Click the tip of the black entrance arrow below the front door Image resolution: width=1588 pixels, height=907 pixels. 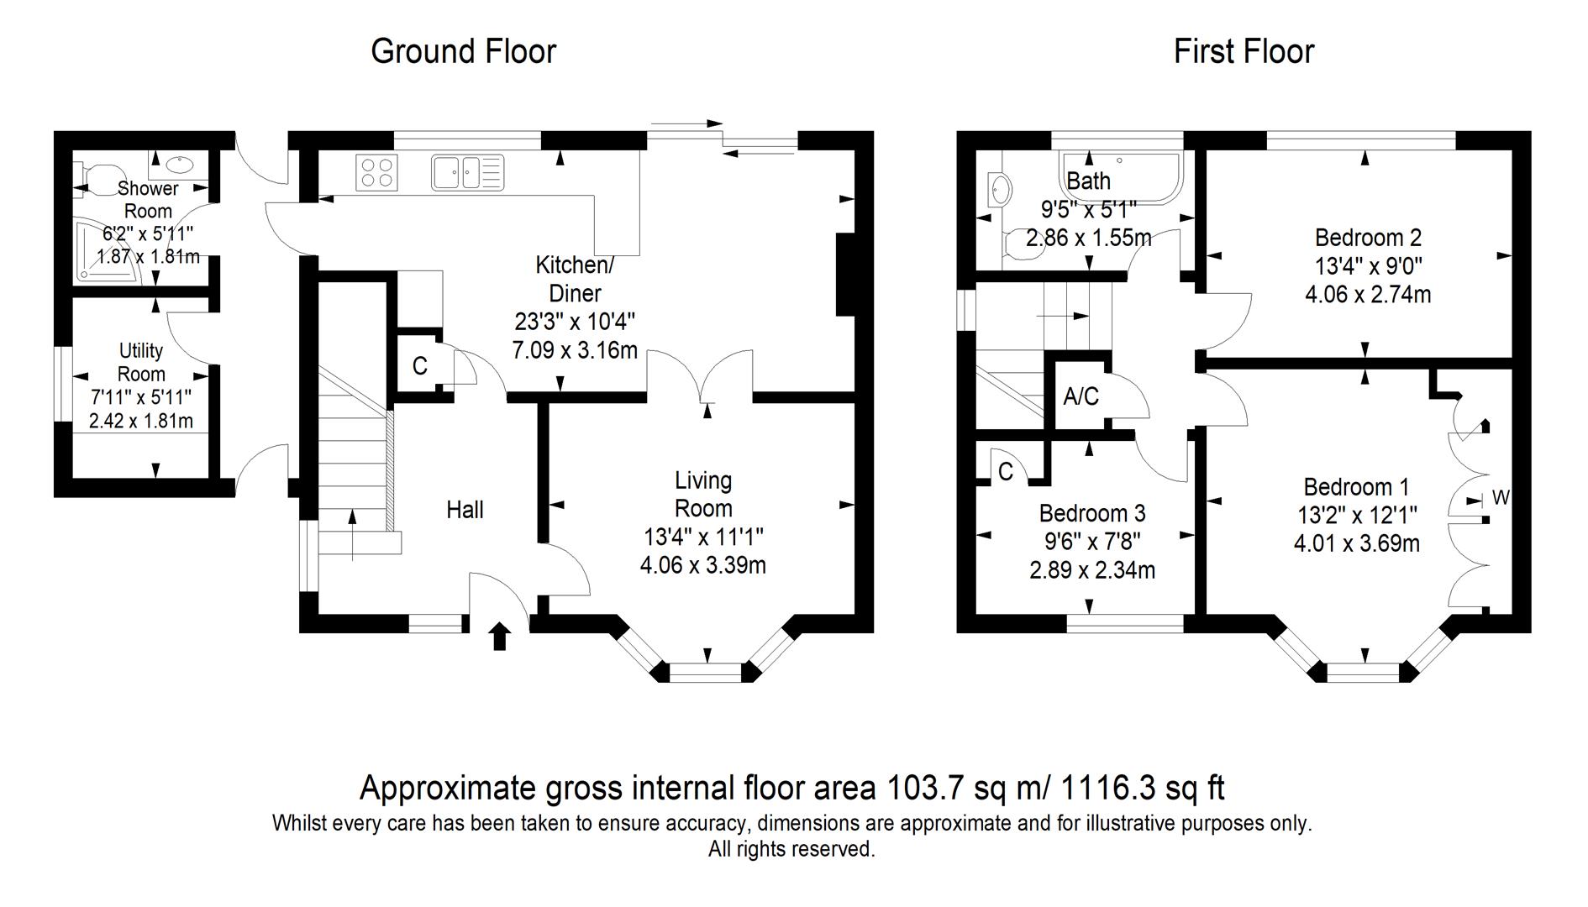tap(500, 622)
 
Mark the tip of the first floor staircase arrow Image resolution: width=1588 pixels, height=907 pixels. tap(1090, 317)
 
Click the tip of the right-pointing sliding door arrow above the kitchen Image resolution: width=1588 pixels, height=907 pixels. tap(723, 123)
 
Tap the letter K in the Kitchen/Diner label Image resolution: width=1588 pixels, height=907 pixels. tap(543, 265)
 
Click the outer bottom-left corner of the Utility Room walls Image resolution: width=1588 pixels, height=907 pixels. tap(55, 496)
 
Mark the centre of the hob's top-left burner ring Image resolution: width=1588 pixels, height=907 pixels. tap(368, 164)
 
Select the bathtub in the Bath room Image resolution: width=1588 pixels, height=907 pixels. tap(1121, 178)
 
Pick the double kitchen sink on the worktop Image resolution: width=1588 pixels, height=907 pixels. tap(467, 172)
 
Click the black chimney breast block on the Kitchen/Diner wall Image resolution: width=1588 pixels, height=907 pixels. tap(845, 275)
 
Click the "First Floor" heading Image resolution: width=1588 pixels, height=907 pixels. tap(1244, 51)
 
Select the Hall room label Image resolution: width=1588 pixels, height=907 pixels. tap(465, 510)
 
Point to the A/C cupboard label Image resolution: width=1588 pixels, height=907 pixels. tap(1081, 396)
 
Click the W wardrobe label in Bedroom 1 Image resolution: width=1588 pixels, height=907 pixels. tap(1501, 498)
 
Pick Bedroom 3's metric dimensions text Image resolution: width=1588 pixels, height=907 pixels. tap(1091, 571)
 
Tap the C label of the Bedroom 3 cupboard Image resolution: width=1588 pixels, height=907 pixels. tap(1006, 473)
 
